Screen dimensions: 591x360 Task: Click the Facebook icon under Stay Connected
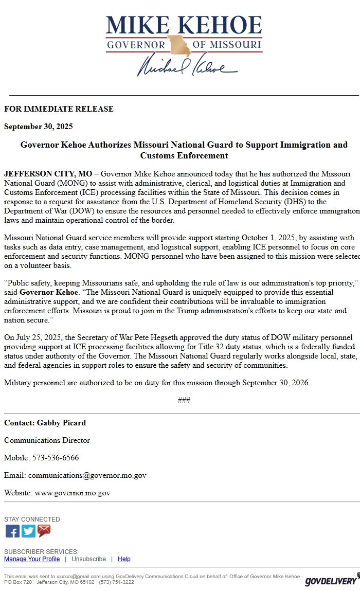(x=12, y=531)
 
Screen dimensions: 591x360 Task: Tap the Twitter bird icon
(x=28, y=531)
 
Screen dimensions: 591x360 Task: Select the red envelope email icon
(x=44, y=531)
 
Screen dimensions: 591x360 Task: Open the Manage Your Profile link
(x=32, y=559)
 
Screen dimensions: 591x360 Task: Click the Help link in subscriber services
(x=124, y=559)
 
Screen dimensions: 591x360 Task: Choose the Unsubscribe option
(x=88, y=559)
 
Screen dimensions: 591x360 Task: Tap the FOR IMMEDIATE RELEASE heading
(x=59, y=109)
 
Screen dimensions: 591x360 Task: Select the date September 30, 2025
(x=39, y=127)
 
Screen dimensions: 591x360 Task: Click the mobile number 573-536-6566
(x=56, y=458)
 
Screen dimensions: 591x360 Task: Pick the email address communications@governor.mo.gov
(x=87, y=475)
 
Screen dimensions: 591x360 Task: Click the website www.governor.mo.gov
(x=73, y=493)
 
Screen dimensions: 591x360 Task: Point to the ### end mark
(x=184, y=400)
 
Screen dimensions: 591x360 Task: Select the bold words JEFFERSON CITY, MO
(x=48, y=174)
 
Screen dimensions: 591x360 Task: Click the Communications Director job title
(x=47, y=440)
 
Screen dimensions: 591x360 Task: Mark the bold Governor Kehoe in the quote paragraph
(x=49, y=292)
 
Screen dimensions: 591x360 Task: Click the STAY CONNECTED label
(x=32, y=520)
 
